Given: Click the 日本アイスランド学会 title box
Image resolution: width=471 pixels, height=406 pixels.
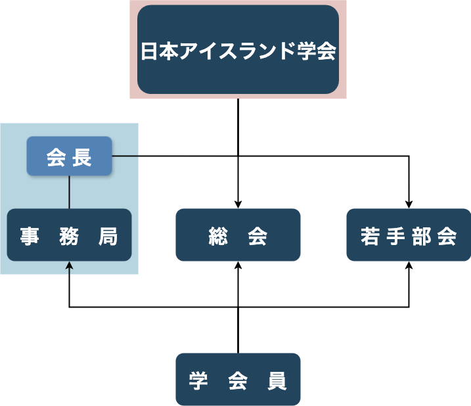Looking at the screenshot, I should (238, 50).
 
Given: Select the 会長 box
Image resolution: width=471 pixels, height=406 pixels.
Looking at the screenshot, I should (69, 156).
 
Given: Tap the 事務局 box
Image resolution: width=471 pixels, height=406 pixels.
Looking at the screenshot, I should (69, 235).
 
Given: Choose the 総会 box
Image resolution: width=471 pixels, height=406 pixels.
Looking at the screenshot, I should (238, 235).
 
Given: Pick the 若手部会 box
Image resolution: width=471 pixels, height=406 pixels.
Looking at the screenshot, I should (408, 235).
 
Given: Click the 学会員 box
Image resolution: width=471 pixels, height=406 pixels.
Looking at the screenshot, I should (238, 380).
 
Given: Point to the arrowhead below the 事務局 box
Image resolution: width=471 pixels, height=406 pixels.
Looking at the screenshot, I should (70, 266).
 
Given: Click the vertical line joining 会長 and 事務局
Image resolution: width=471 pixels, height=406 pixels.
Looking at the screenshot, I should (70, 192).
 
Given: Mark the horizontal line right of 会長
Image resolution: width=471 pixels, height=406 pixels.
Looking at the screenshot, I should (125, 156).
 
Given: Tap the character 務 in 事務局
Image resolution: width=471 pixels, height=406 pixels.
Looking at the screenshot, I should (69, 236).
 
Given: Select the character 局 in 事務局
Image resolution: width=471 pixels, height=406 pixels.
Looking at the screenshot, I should (108, 236).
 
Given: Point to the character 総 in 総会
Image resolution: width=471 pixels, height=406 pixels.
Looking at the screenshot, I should (218, 236).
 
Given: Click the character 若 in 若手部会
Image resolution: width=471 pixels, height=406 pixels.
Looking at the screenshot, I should (370, 236).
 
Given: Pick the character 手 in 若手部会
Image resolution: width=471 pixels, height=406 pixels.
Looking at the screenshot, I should (395, 236).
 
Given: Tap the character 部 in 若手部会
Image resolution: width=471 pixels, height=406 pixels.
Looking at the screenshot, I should (421, 236).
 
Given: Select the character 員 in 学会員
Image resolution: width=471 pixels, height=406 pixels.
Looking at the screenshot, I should (277, 380).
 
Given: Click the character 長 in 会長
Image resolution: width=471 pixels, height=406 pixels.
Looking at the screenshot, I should (83, 157).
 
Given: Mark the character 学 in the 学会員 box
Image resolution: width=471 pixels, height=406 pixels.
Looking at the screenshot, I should (198, 380).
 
